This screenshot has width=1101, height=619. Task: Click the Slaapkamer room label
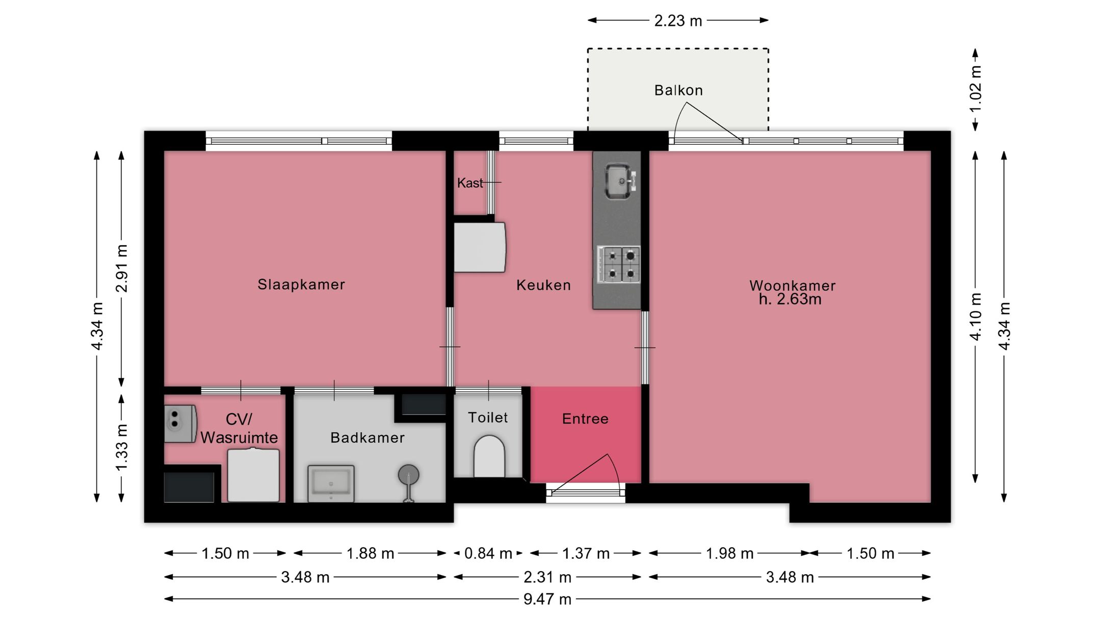(x=301, y=284)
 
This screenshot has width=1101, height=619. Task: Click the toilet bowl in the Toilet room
(x=489, y=456)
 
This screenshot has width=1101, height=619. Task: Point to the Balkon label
(x=678, y=90)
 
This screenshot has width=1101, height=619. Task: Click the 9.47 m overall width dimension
(x=547, y=599)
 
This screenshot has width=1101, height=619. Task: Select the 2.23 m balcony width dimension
(x=678, y=20)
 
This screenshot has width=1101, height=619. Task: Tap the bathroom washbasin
(x=331, y=483)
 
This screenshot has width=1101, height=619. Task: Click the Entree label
(x=585, y=419)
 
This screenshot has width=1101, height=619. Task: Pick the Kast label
(x=469, y=183)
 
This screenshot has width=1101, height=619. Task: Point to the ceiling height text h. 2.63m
(x=790, y=299)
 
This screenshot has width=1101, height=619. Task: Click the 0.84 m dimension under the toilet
(x=488, y=553)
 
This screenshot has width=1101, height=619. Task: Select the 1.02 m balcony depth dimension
(x=975, y=90)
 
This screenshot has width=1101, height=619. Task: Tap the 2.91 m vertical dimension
(x=121, y=268)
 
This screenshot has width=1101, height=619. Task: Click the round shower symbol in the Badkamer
(x=408, y=475)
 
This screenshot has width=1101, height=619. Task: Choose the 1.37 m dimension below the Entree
(x=586, y=553)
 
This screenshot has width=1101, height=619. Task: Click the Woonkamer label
(x=793, y=285)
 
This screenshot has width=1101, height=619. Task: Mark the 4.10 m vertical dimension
(x=976, y=316)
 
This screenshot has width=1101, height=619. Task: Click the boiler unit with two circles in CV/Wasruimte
(x=180, y=423)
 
